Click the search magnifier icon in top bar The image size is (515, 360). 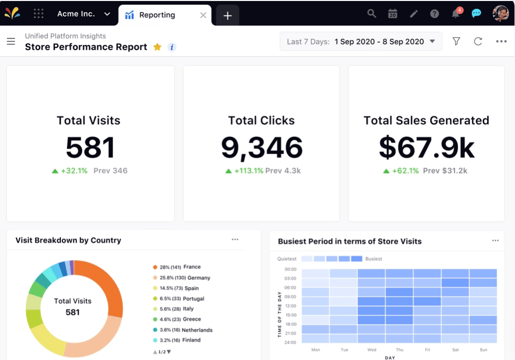tap(371, 13)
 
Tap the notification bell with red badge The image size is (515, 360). tap(455, 13)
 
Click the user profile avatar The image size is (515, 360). tap(500, 13)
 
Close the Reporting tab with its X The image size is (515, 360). tap(203, 15)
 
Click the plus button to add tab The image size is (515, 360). tap(227, 15)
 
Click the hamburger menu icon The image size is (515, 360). tap(11, 41)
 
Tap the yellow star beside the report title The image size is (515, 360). tap(157, 47)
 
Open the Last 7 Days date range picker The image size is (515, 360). tap(360, 41)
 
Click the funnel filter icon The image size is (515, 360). tap(456, 41)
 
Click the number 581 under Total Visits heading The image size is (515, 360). tap(90, 147)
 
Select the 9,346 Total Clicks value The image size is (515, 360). tap(261, 147)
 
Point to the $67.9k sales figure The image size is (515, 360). tap(426, 147)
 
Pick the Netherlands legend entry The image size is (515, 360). tap(185, 330)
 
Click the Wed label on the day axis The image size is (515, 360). tap(371, 350)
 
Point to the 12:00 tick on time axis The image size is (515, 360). tap(290, 306)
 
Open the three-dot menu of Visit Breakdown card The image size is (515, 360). tap(235, 240)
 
